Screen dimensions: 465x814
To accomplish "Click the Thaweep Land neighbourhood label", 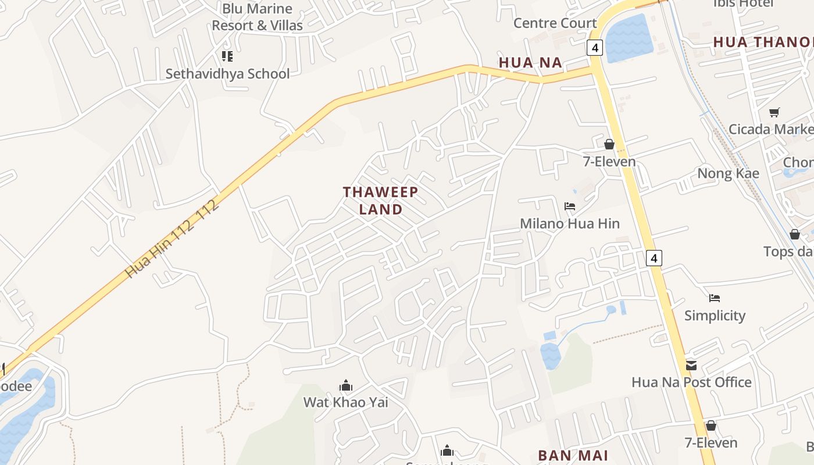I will click(373, 201).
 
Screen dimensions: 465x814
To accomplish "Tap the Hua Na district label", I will click(530, 63).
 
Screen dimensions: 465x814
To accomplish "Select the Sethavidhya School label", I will click(227, 74).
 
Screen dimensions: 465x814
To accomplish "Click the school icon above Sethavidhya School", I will click(227, 56).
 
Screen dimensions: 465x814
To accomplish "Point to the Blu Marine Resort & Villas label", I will click(257, 17).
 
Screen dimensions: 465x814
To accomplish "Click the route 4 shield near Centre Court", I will click(594, 48).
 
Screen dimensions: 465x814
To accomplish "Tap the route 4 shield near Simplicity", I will click(654, 257).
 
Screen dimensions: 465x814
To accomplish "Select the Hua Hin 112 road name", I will click(172, 239).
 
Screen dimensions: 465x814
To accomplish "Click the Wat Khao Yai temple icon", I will click(346, 385).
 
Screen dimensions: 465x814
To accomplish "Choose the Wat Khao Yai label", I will click(345, 402).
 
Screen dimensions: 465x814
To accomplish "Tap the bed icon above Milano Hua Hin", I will click(570, 206).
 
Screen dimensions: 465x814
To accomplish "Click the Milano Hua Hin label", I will click(570, 223).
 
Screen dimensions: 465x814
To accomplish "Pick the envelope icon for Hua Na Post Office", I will click(691, 365).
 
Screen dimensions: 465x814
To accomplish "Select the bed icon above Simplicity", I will click(715, 298).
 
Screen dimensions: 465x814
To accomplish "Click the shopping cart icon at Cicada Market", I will click(774, 112).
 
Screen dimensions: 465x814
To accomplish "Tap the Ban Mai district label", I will click(573, 455).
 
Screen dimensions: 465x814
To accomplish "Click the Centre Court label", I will click(555, 23).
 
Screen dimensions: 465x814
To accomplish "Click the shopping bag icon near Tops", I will click(794, 234).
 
